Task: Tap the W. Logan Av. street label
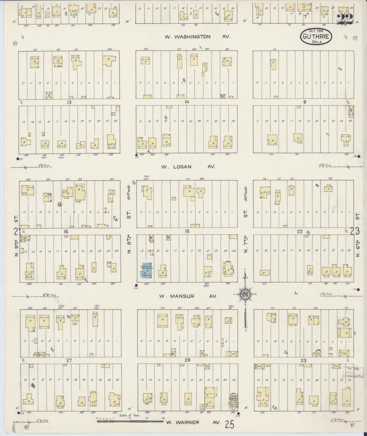click(x=188, y=167)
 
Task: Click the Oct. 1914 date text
click(x=316, y=31)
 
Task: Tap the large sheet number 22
click(x=345, y=19)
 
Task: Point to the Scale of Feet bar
click(x=130, y=421)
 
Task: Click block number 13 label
click(x=69, y=102)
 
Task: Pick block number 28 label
click(x=187, y=360)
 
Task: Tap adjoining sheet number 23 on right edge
click(x=355, y=231)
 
